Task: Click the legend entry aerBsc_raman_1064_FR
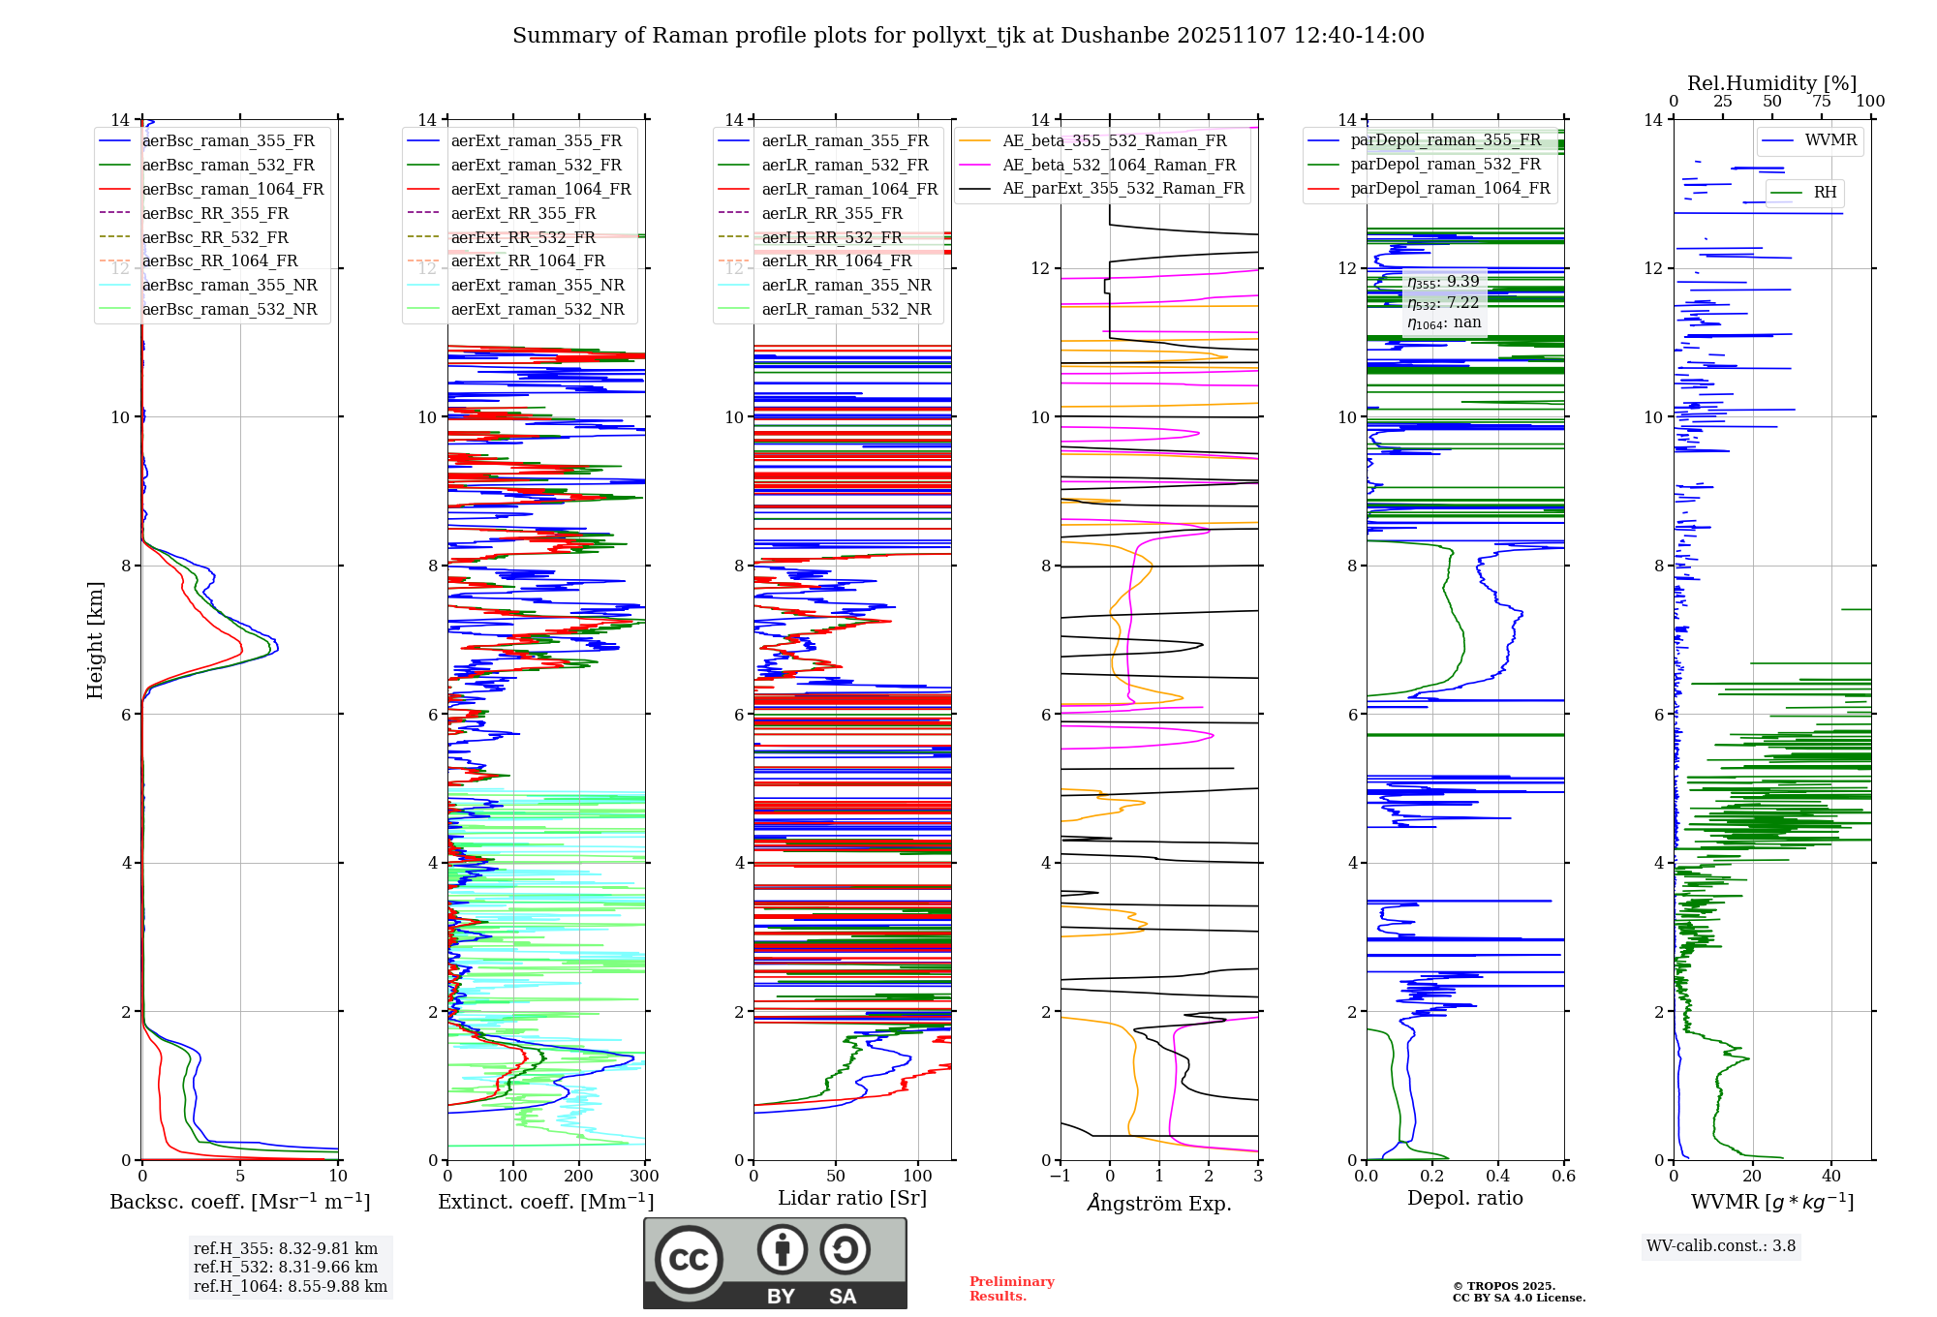pyautogui.click(x=232, y=190)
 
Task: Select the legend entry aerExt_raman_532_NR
pyautogui.click(x=538, y=310)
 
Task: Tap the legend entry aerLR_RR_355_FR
pyautogui.click(x=831, y=214)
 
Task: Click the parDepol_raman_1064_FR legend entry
pyautogui.click(x=1450, y=189)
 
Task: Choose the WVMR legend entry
pyautogui.click(x=1830, y=141)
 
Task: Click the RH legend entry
pyautogui.click(x=1825, y=193)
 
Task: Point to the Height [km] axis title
pyautogui.click(x=95, y=640)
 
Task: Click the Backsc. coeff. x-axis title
pyautogui.click(x=239, y=1202)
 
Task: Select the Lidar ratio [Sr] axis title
pyautogui.click(x=852, y=1199)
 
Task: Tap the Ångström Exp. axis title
pyautogui.click(x=1159, y=1204)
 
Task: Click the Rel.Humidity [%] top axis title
pyautogui.click(x=1771, y=83)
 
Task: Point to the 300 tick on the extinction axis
pyautogui.click(x=644, y=1177)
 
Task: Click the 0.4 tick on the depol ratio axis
pyautogui.click(x=1497, y=1177)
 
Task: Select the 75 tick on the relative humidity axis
pyautogui.click(x=1822, y=102)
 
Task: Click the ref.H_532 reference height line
pyautogui.click(x=286, y=1268)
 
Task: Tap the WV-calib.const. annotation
pyautogui.click(x=1721, y=1246)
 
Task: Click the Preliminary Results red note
pyautogui.click(x=1011, y=1289)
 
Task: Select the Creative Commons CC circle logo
pyautogui.click(x=689, y=1260)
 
